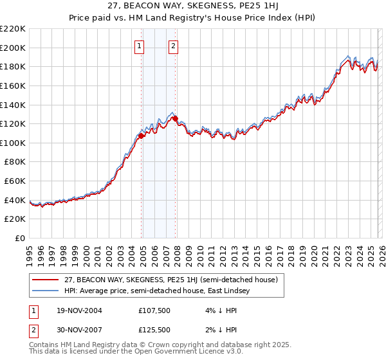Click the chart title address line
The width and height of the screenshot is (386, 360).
193,7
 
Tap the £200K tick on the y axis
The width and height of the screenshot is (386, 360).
12,48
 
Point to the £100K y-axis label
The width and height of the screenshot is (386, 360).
12,143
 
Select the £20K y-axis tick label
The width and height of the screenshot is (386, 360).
15,219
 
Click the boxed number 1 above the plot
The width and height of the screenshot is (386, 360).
140,46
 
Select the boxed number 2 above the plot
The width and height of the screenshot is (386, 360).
174,46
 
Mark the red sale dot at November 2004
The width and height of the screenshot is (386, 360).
142,136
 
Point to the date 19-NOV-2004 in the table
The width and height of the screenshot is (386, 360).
75,310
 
